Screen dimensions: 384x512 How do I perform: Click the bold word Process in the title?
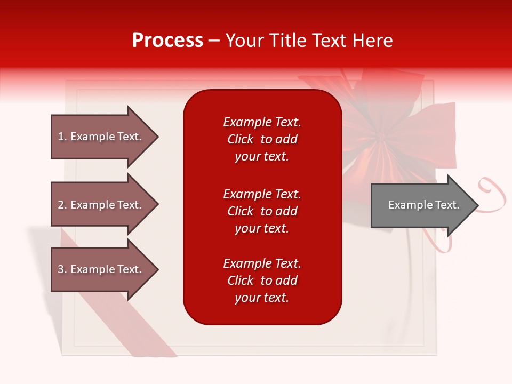pyautogui.click(x=167, y=41)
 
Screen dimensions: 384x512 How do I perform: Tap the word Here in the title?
pyautogui.click(x=371, y=41)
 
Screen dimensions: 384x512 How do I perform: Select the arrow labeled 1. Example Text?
pyautogui.click(x=101, y=137)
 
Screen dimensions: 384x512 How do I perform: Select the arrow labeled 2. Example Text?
pyautogui.click(x=101, y=205)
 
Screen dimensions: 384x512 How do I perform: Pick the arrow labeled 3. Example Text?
pyautogui.click(x=101, y=270)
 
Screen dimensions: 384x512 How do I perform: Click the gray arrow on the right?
pyautogui.click(x=421, y=205)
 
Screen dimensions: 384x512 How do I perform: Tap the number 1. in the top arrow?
pyautogui.click(x=62, y=137)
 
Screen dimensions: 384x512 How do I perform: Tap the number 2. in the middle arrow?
pyautogui.click(x=62, y=205)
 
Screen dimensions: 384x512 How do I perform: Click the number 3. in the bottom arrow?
pyautogui.click(x=62, y=270)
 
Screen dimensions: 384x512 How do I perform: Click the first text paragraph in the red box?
pyautogui.click(x=262, y=139)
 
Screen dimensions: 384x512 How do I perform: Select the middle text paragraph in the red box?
pyautogui.click(x=262, y=211)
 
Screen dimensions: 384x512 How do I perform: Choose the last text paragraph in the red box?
pyautogui.click(x=262, y=281)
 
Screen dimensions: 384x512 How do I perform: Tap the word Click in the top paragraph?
pyautogui.click(x=240, y=139)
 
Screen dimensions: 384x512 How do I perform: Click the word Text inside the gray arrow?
pyautogui.click(x=447, y=205)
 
